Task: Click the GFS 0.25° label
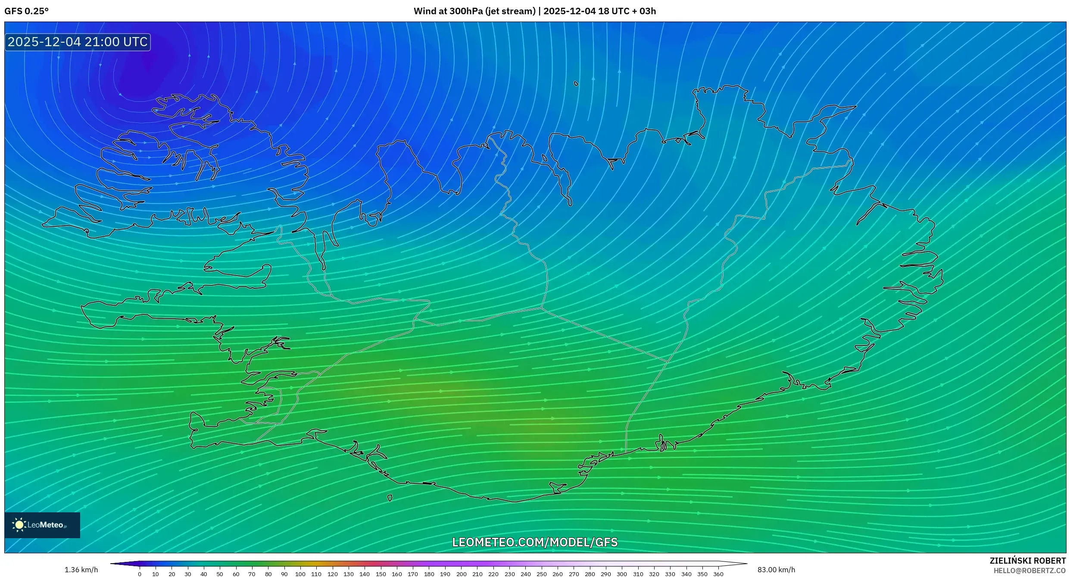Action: tap(26, 11)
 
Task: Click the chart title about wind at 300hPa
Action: tap(534, 11)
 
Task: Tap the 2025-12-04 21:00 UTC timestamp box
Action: tap(78, 42)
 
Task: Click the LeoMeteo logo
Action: tap(42, 525)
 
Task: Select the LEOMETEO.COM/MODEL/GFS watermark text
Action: tap(534, 542)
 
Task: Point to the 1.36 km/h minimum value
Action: tap(81, 570)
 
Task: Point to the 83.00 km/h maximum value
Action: tap(776, 570)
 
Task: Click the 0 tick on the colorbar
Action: tap(140, 574)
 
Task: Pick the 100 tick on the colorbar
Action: tap(300, 574)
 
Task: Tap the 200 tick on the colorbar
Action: tap(461, 574)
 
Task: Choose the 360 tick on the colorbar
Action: tap(718, 574)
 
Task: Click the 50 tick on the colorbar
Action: tap(220, 574)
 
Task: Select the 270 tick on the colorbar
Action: tap(574, 574)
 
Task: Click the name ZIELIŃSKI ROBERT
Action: tap(1027, 561)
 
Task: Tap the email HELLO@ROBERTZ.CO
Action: tap(1029, 571)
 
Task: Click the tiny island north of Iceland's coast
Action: tap(576, 84)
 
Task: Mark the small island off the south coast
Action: tap(390, 498)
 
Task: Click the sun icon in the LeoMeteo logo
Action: tap(19, 525)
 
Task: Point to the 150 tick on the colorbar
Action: tap(381, 574)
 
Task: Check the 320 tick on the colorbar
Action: tap(654, 574)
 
